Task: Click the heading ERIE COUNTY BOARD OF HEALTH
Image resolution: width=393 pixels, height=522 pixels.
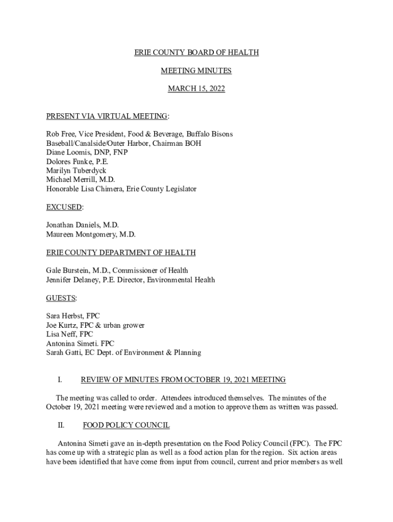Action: pos(196,53)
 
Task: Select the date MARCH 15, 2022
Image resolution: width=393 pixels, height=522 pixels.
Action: pos(196,89)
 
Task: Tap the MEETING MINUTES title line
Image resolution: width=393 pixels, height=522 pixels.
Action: pos(196,71)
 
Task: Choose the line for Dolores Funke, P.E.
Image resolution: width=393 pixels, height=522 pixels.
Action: pos(77,162)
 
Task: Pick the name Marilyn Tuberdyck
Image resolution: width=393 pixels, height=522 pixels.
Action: pos(76,171)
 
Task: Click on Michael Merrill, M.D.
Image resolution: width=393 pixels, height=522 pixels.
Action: pos(80,180)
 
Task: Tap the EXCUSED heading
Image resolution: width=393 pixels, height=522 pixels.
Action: pos(64,207)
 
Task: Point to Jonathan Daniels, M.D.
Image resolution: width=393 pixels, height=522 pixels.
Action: pos(82,225)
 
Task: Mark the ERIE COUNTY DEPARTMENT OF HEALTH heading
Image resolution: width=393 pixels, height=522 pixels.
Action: pos(120,252)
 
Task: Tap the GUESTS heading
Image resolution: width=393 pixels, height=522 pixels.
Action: pos(61,298)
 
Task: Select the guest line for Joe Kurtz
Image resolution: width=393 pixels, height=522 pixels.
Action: pos(95,325)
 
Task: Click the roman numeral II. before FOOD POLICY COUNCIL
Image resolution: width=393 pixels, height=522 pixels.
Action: pos(61,425)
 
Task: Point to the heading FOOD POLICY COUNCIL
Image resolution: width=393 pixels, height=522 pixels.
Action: pos(126,425)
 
